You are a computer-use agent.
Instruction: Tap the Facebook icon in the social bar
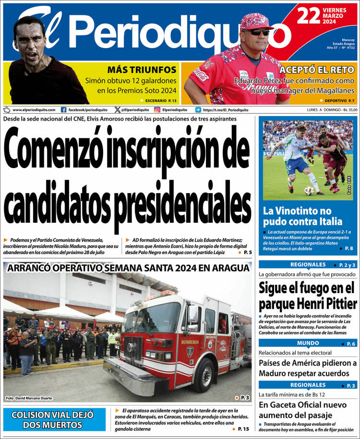(x=63, y=110)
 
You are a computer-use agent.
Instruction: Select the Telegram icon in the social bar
(x=198, y=110)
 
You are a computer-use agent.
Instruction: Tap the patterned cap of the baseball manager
(x=257, y=21)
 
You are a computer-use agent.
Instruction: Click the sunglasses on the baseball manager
(x=258, y=32)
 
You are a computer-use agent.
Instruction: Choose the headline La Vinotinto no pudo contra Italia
(x=303, y=216)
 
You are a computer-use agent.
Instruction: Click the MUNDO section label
(x=308, y=343)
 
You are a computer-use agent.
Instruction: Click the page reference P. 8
(x=348, y=248)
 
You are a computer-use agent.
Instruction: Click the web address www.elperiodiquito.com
(x=34, y=110)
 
